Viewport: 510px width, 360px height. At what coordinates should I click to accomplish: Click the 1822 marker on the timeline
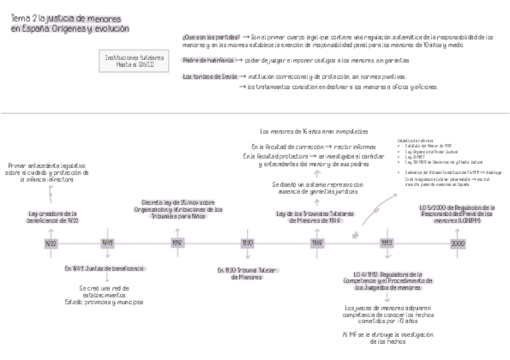[51, 243]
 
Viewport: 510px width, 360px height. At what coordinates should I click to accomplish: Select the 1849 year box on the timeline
[108, 243]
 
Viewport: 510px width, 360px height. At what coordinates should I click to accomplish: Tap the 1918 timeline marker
[178, 243]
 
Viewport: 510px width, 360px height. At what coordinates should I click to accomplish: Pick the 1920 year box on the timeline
[247, 243]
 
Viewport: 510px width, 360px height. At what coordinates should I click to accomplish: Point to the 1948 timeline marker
[317, 243]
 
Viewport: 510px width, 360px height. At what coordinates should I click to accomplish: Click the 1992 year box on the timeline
[387, 243]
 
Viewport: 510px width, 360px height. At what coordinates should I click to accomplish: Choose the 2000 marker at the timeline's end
[458, 243]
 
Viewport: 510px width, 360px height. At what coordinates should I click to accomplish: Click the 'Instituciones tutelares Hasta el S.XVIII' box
[134, 61]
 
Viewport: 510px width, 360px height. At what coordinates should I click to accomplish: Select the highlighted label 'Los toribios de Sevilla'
[209, 77]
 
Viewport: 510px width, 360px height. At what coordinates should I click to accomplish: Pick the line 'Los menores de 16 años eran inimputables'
[314, 131]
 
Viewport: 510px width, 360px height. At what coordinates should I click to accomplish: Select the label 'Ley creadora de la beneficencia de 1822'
[54, 217]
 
